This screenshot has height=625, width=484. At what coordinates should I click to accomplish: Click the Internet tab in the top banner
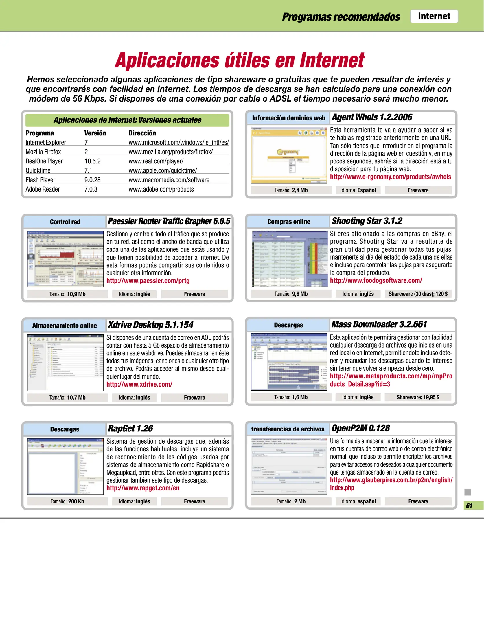click(434, 16)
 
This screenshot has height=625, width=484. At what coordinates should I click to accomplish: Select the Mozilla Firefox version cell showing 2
click(86, 152)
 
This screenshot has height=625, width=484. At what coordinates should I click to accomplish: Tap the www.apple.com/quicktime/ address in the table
click(163, 170)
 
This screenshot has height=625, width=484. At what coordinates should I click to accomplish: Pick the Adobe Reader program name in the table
click(43, 189)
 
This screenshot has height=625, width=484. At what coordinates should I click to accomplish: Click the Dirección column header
click(142, 133)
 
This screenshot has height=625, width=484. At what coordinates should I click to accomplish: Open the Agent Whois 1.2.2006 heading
click(372, 117)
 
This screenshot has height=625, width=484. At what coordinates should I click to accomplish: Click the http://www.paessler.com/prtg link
click(148, 281)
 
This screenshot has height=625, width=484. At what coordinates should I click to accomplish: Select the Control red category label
click(65, 222)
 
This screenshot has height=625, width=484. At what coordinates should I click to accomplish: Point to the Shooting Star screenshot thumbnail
click(290, 259)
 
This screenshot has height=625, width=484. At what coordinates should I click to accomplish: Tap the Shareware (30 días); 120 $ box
click(418, 294)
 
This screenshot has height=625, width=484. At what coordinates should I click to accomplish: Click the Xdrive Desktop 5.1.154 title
click(150, 325)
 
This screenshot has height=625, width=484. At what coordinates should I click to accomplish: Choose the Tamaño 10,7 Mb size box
click(67, 398)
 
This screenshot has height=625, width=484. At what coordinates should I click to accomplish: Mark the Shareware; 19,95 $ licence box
click(418, 397)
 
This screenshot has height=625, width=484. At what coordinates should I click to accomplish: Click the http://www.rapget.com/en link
click(143, 488)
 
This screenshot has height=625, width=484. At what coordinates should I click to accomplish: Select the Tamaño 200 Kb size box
click(67, 501)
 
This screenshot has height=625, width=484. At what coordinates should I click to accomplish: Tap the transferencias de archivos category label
click(288, 429)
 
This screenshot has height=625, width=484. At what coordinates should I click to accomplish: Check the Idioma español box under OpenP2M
click(358, 501)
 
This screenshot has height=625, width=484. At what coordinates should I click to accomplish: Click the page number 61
click(469, 505)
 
